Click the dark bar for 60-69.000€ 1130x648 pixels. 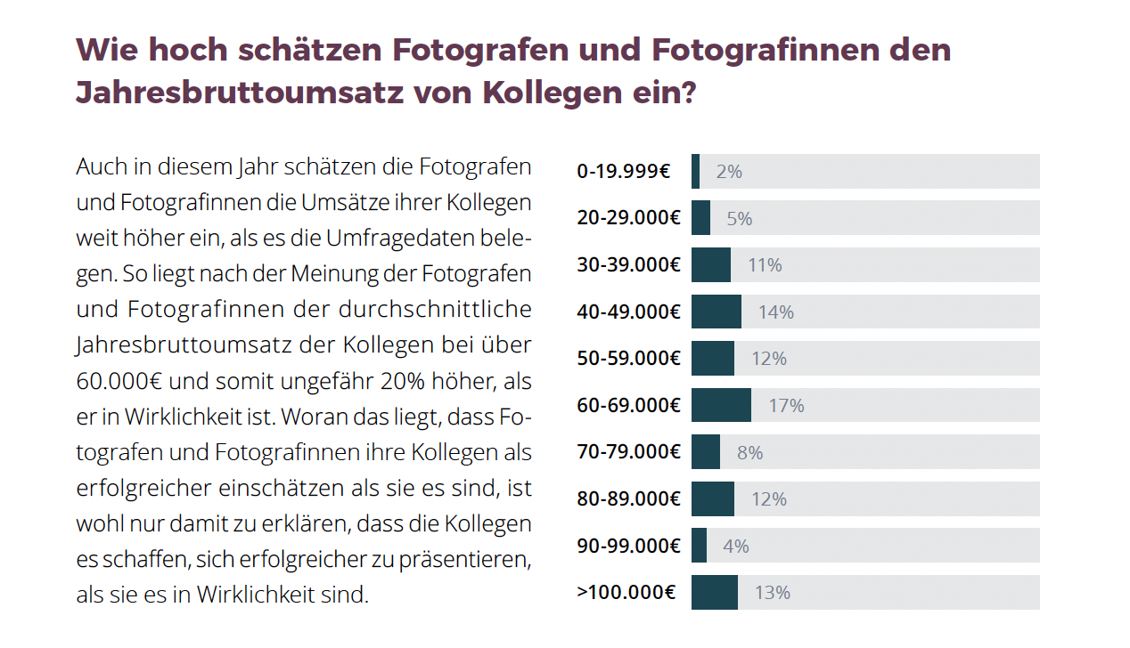pyautogui.click(x=721, y=405)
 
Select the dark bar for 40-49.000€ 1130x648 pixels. pyautogui.click(x=716, y=312)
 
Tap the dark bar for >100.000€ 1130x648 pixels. pyautogui.click(x=714, y=593)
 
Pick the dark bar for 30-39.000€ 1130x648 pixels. pyautogui.click(x=710, y=265)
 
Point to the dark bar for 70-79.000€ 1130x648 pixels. pyautogui.click(x=705, y=452)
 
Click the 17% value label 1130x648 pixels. pyautogui.click(x=786, y=406)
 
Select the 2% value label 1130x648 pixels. pyautogui.click(x=728, y=172)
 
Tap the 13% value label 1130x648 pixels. pyautogui.click(x=772, y=593)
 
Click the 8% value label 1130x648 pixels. pyautogui.click(x=749, y=453)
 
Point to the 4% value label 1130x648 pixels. pyautogui.click(x=735, y=547)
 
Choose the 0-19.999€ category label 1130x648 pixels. pyautogui.click(x=624, y=172)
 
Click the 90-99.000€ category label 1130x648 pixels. pyautogui.click(x=628, y=547)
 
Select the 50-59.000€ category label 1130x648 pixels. pyautogui.click(x=628, y=359)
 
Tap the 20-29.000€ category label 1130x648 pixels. pyautogui.click(x=628, y=218)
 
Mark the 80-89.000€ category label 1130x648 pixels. pyautogui.click(x=628, y=499)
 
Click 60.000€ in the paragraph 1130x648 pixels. pyautogui.click(x=119, y=382)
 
